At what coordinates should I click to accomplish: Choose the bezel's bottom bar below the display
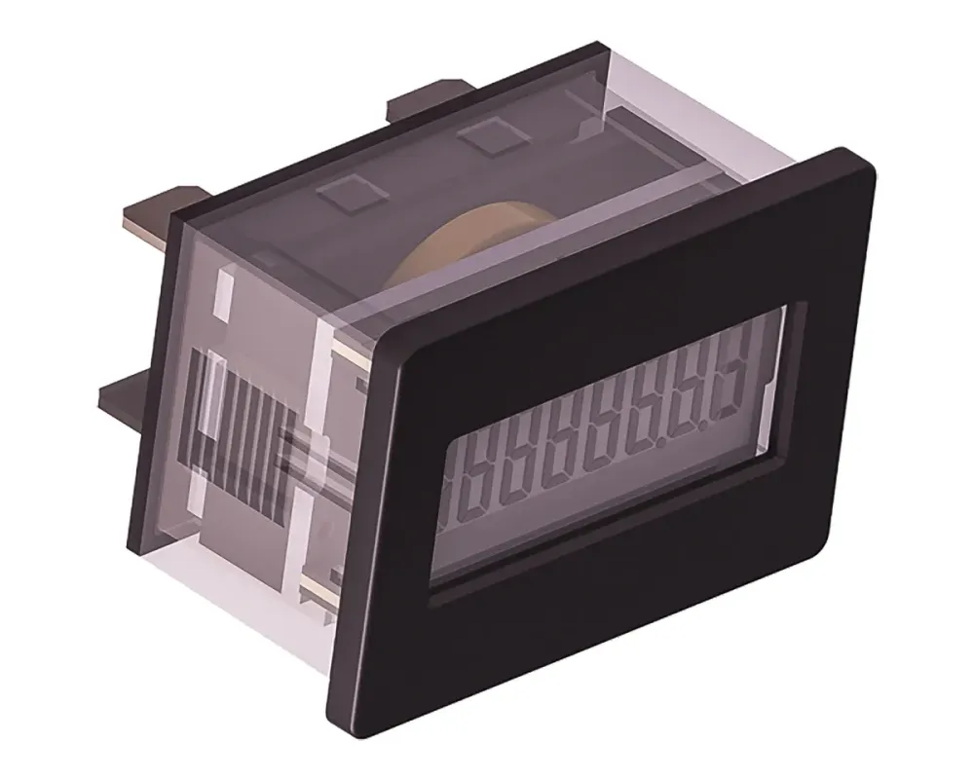pyautogui.click(x=604, y=623)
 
